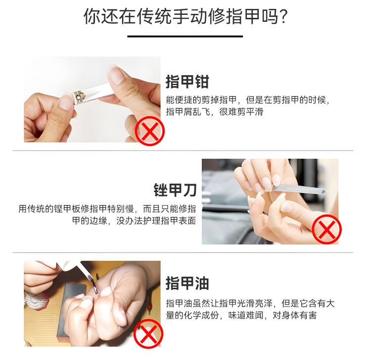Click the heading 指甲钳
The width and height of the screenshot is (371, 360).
pyautogui.click(x=187, y=82)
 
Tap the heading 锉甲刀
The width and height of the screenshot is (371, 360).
pyautogui.click(x=175, y=190)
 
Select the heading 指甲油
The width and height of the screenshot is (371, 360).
pyautogui.click(x=187, y=283)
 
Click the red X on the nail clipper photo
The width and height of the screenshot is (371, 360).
pyautogui.click(x=149, y=131)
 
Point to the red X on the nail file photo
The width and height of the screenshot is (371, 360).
pyautogui.click(x=326, y=229)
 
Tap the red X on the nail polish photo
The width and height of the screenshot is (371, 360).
pyautogui.click(x=148, y=333)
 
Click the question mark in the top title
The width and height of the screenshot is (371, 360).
pyautogui.click(x=282, y=16)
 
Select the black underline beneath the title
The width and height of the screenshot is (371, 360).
pyautogui.click(x=185, y=36)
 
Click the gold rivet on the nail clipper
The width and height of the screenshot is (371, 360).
pyautogui.click(x=78, y=96)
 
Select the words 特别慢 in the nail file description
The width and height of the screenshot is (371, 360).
pyautogui.click(x=121, y=209)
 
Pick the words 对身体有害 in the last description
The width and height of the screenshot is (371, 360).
pyautogui.click(x=295, y=315)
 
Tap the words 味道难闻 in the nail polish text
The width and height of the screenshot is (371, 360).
pyautogui.click(x=245, y=315)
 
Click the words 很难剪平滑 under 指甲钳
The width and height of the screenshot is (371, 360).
pyautogui.click(x=241, y=111)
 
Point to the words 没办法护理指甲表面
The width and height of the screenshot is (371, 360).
pyautogui.click(x=156, y=221)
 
